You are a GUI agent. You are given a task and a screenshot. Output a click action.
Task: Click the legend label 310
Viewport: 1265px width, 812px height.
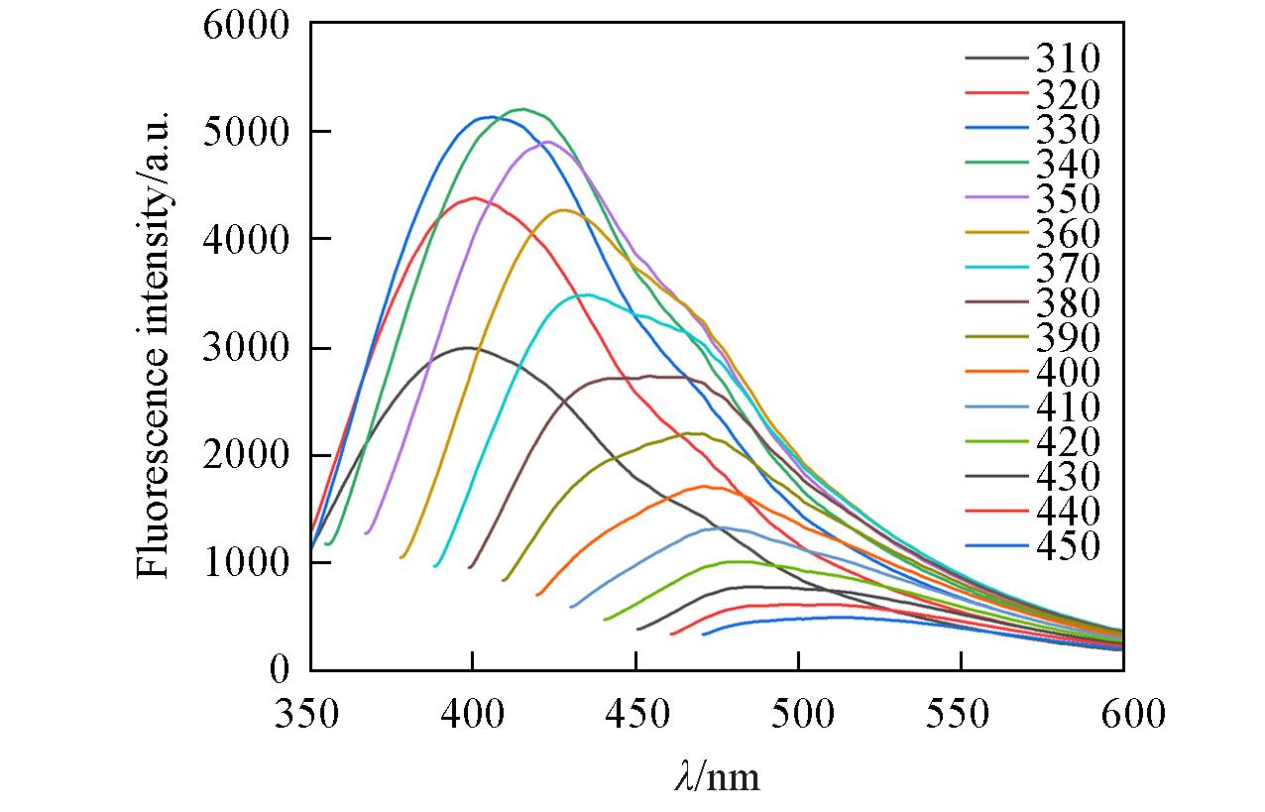(x=1068, y=59)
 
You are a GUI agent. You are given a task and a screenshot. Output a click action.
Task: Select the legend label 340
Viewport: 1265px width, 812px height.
(x=1068, y=164)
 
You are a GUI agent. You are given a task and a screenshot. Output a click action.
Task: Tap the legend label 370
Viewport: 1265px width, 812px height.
(x=1068, y=268)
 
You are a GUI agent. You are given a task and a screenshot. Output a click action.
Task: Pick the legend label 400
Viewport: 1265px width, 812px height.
(x=1068, y=373)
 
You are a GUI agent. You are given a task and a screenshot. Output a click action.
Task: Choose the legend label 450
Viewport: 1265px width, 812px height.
(x=1068, y=546)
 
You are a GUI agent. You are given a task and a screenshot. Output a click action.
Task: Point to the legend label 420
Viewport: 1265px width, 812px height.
(x=1068, y=442)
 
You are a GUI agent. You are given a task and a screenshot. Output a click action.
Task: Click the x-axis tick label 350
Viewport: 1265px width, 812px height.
(x=309, y=714)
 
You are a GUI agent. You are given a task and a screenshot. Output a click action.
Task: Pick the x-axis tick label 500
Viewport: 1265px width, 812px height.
(x=798, y=714)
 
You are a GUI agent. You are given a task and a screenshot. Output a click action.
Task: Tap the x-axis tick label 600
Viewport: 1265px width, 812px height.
(x=1123, y=714)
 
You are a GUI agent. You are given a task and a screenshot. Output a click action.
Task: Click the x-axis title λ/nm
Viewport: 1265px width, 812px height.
(x=716, y=774)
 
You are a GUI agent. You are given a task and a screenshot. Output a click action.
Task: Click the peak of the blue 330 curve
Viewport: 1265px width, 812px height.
(x=492, y=117)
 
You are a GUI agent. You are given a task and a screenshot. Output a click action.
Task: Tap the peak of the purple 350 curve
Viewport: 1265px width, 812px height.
(x=546, y=141)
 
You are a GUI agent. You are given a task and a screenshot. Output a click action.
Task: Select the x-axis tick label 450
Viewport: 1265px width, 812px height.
(x=635, y=714)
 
